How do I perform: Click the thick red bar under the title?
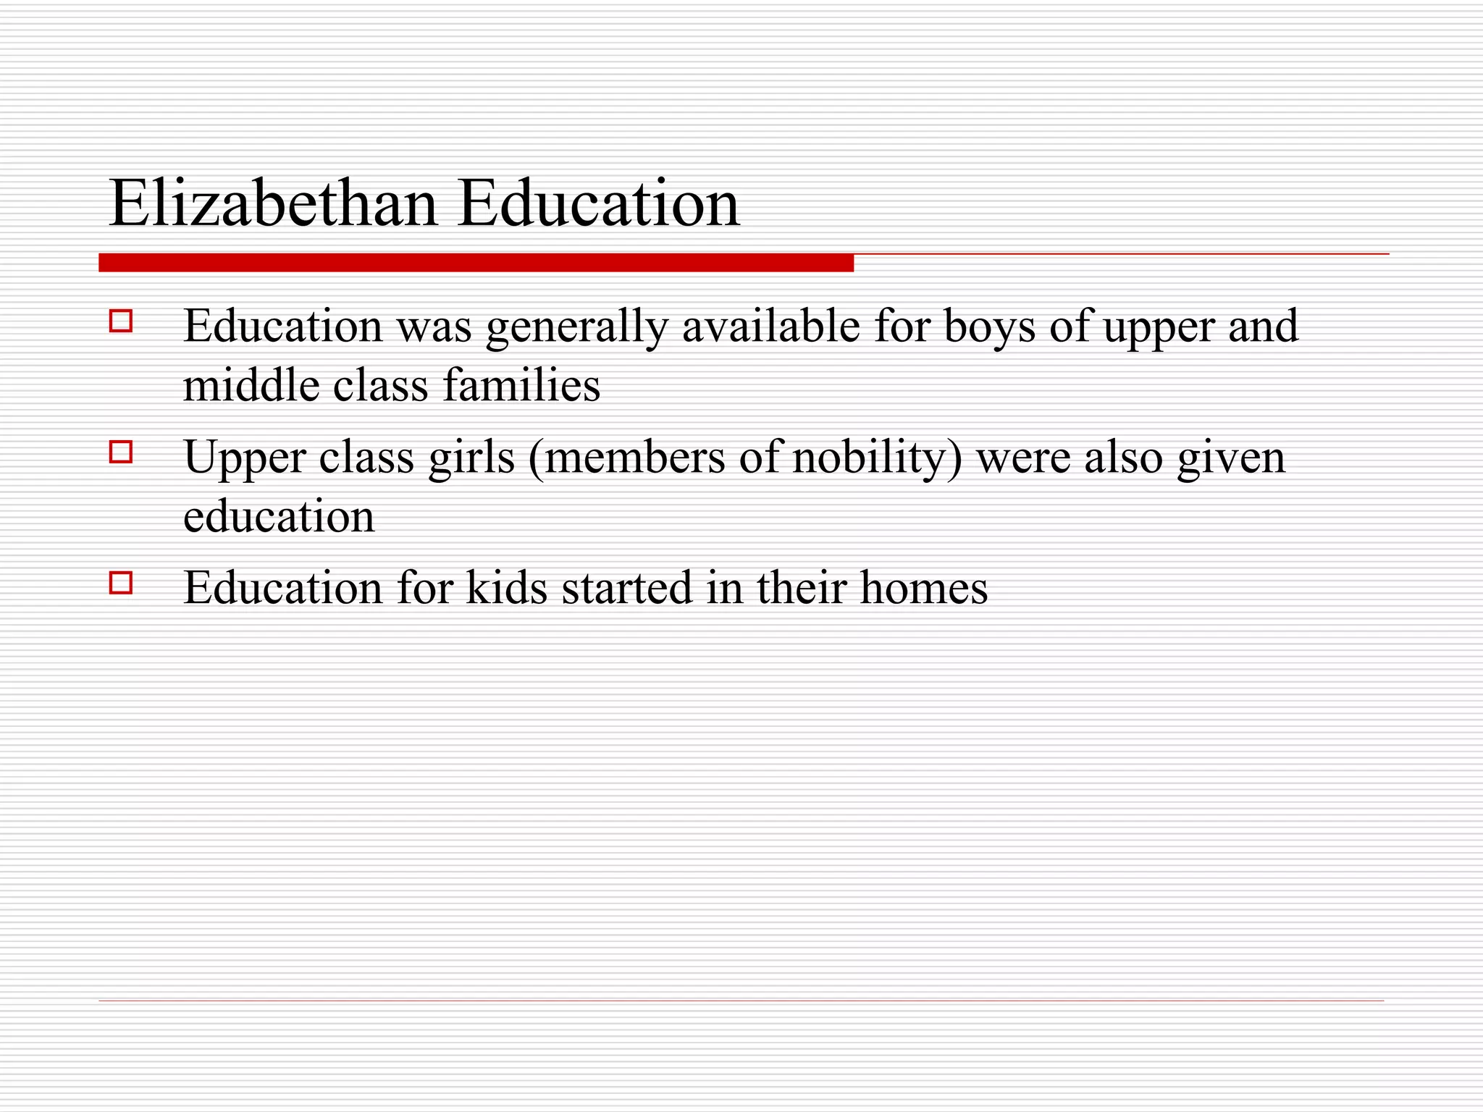[476, 263]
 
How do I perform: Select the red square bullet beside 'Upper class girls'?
[121, 452]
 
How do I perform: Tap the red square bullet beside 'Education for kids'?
[121, 583]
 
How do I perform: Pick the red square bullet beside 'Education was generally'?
[121, 321]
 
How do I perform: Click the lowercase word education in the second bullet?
[279, 516]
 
